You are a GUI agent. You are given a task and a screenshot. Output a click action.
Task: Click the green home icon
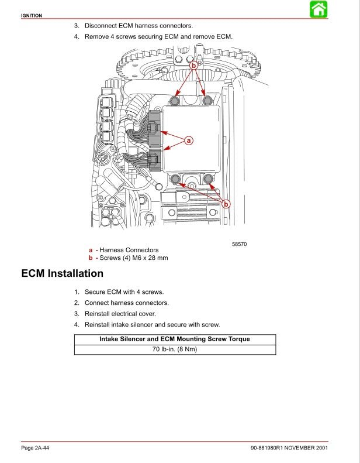pyautogui.click(x=318, y=9)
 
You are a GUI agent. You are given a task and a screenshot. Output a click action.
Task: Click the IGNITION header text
pyautogui.click(x=32, y=15)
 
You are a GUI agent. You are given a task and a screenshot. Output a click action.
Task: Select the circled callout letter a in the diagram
pyautogui.click(x=189, y=140)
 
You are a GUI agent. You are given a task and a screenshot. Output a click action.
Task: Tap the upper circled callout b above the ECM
pyautogui.click(x=193, y=66)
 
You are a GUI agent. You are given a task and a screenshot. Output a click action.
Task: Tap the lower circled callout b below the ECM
pyautogui.click(x=226, y=204)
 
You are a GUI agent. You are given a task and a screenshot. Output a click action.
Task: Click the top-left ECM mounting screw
pyautogui.click(x=174, y=101)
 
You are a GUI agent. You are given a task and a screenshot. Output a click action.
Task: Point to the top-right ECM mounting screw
pyautogui.click(x=206, y=101)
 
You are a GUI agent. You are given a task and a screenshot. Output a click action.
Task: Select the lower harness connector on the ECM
pyautogui.click(x=154, y=159)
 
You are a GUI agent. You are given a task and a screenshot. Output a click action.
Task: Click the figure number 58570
pyautogui.click(x=240, y=244)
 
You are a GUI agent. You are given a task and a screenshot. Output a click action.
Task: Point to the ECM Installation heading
pyautogui.click(x=62, y=273)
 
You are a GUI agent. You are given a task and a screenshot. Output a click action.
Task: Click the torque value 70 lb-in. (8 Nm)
pyautogui.click(x=175, y=349)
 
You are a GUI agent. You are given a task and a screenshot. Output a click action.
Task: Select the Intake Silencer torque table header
pyautogui.click(x=175, y=339)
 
